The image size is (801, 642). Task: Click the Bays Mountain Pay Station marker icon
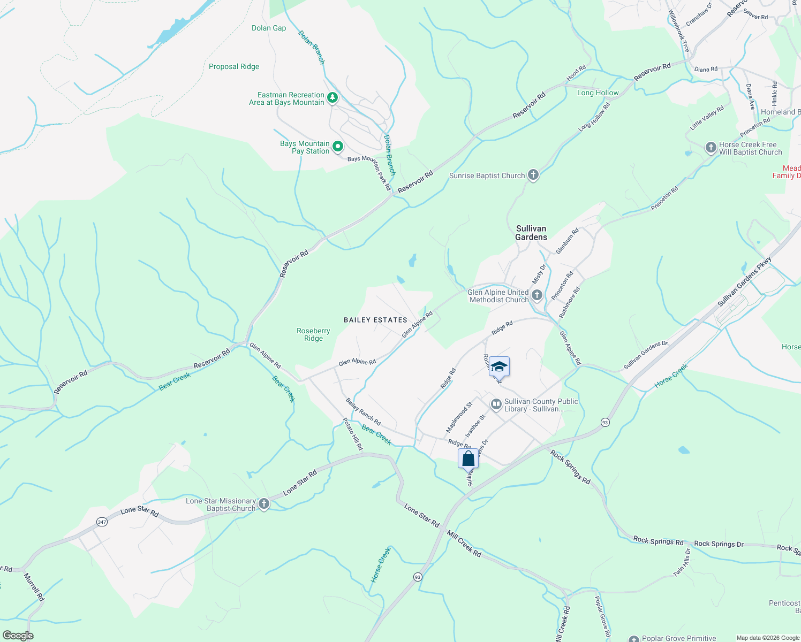click(x=338, y=146)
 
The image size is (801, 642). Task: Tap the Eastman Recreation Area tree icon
click(x=333, y=98)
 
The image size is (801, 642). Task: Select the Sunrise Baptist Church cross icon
click(x=533, y=174)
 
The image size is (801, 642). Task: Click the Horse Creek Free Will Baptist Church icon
click(x=711, y=147)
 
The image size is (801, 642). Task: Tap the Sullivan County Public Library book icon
click(x=496, y=404)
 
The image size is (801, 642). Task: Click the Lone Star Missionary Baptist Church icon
click(x=263, y=503)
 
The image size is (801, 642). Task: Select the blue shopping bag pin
click(x=468, y=459)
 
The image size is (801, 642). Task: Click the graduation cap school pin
click(x=499, y=367)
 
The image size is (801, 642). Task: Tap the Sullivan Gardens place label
click(x=531, y=233)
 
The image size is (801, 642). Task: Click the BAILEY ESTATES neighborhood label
click(x=375, y=320)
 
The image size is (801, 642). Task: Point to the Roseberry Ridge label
click(x=313, y=334)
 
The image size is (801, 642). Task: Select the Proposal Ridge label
click(x=234, y=66)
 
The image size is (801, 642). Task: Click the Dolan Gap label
click(x=269, y=28)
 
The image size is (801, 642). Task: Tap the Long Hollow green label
click(x=598, y=93)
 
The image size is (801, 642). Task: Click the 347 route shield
click(x=102, y=522)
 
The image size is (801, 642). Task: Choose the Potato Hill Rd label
click(x=353, y=434)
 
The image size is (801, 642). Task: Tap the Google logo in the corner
click(x=18, y=635)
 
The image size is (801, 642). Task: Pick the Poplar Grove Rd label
click(x=603, y=617)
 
